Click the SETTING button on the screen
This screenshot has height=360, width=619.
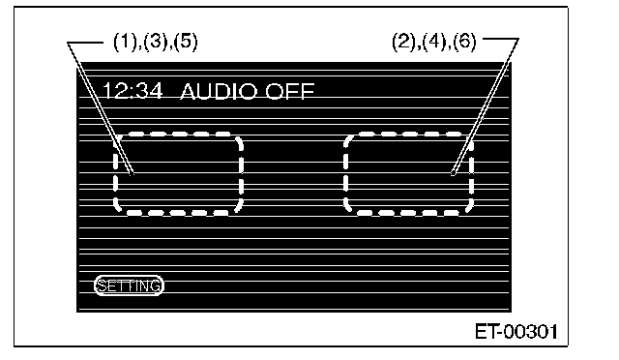pyautogui.click(x=129, y=285)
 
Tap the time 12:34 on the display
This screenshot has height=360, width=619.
pyautogui.click(x=133, y=91)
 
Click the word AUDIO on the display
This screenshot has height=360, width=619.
pyautogui.click(x=219, y=91)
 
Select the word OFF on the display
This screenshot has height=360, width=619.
pyautogui.click(x=290, y=91)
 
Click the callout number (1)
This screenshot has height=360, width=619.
pyautogui.click(x=125, y=42)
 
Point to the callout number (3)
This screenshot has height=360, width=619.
pyautogui.click(x=156, y=42)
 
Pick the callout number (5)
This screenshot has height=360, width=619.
pyautogui.click(x=186, y=42)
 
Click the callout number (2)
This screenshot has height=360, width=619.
pyautogui.click(x=403, y=42)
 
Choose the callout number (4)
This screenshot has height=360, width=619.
pyautogui.click(x=434, y=42)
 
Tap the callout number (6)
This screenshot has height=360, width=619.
pyautogui.click(x=465, y=42)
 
